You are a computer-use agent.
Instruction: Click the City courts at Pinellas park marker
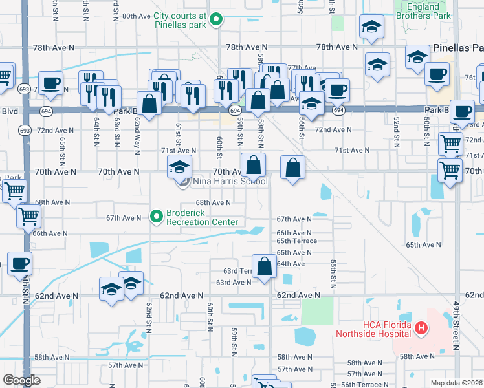[x=219, y=20]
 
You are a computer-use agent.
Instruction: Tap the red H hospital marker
[x=421, y=329]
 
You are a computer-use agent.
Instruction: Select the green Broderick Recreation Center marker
[x=156, y=217]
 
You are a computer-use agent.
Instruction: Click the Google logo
[x=21, y=380]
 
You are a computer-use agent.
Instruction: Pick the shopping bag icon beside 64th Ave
[x=264, y=266]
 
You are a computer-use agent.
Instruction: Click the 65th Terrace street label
[x=297, y=241]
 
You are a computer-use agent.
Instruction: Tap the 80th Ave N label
[x=136, y=16]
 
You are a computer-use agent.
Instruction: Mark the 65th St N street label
[x=63, y=149]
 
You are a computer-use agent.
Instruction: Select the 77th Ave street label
[x=302, y=68]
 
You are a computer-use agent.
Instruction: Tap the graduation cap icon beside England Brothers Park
[x=372, y=27]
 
